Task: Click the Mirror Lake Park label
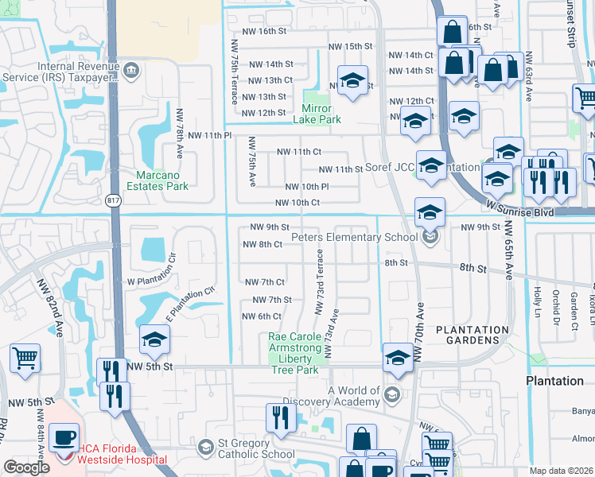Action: [321, 114]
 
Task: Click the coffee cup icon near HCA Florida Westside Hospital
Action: [64, 436]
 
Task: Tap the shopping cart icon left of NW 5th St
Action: [25, 359]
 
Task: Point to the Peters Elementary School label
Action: [354, 237]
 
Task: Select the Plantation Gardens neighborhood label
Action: [472, 335]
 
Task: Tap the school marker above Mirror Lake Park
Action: [352, 80]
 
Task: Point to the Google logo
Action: [26, 467]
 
